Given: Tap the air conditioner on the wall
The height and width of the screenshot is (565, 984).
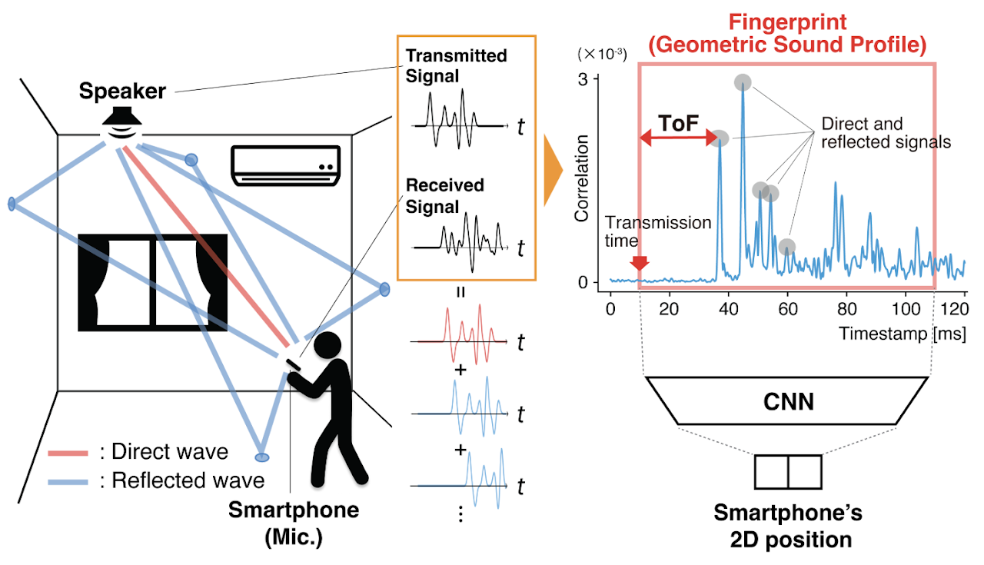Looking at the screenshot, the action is (286, 165).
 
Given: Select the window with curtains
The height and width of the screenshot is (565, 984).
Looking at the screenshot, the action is (152, 283).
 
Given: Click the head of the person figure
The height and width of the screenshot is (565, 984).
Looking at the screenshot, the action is (327, 345).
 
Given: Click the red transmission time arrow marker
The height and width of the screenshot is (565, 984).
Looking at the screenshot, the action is (639, 263).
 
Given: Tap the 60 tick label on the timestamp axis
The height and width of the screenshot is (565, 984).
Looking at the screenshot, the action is (788, 309).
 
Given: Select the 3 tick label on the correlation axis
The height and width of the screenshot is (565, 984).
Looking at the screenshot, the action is (583, 79).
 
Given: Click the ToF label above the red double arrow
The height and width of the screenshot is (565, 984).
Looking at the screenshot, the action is (678, 124).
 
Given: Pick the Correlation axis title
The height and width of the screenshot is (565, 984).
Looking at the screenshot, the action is (582, 178).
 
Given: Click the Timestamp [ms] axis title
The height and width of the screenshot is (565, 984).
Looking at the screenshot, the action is (903, 334).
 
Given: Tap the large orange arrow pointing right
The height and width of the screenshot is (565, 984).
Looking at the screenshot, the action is (553, 171).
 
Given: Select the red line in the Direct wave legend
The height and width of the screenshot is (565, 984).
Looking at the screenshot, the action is (68, 453).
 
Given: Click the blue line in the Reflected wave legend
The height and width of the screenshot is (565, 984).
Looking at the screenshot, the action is (68, 482).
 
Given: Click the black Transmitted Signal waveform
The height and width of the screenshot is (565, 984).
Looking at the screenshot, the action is (460, 119).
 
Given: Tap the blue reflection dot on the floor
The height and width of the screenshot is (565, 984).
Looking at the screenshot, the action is (262, 457).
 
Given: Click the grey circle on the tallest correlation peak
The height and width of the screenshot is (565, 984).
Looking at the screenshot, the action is (743, 82).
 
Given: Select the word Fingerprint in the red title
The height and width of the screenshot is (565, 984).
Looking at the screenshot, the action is (788, 22).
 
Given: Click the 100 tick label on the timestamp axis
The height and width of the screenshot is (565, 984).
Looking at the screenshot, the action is (906, 309).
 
